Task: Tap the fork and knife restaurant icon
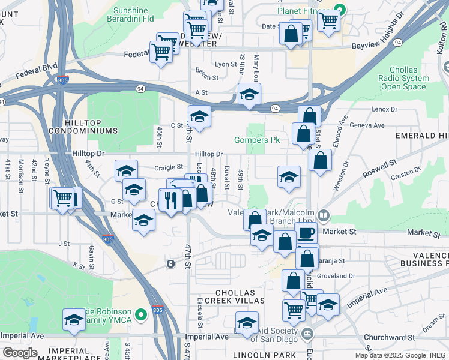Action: [173, 199]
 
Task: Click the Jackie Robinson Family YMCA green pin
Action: [141, 314]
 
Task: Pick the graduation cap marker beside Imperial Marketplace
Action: [74, 320]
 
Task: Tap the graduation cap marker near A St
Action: [249, 94]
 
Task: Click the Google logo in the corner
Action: [20, 353]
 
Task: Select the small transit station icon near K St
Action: [171, 264]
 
